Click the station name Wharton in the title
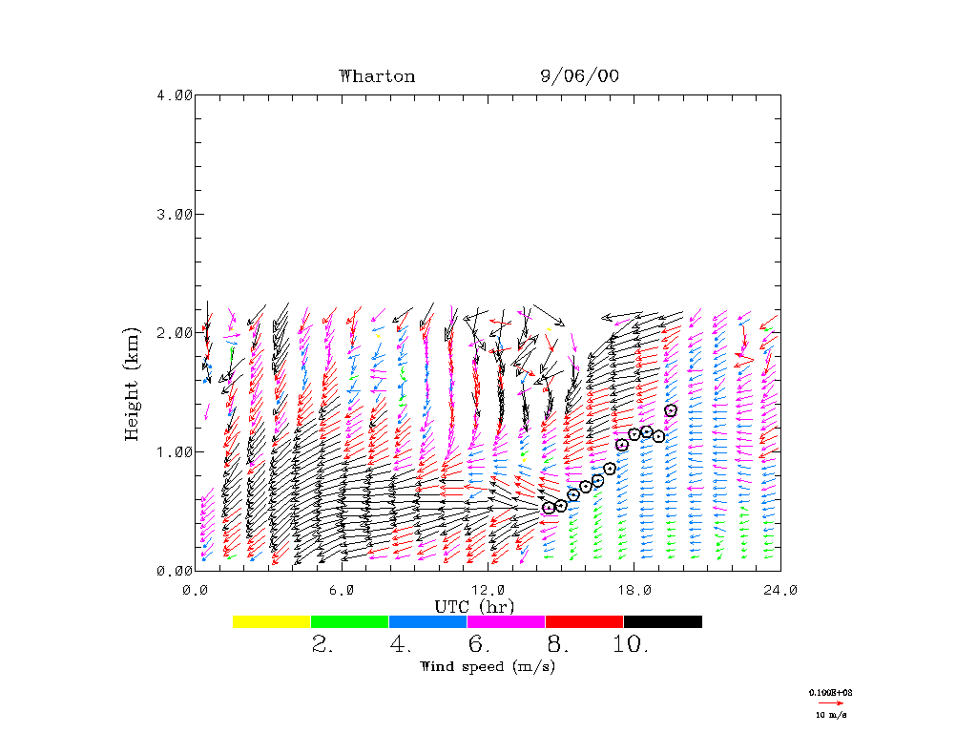coord(377,76)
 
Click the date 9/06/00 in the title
coord(579,76)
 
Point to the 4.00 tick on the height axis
coord(175,94)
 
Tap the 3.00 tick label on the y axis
coord(175,214)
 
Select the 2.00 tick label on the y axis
coord(175,332)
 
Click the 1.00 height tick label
coord(175,451)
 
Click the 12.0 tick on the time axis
coord(488,590)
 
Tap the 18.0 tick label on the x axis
coord(634,590)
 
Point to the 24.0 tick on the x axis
coord(780,590)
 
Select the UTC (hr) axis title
coord(474,606)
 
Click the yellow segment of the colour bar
coord(272,621)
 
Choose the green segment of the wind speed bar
coord(350,621)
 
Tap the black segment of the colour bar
coord(663,621)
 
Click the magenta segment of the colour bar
coord(507,621)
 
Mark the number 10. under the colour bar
coord(630,645)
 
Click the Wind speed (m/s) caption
coord(488,666)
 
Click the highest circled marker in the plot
coord(671,410)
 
